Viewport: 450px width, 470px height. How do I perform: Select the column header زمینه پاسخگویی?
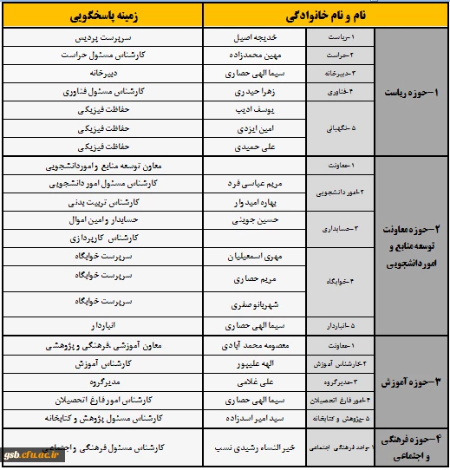click(104, 16)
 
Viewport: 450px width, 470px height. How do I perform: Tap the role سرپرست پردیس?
click(103, 39)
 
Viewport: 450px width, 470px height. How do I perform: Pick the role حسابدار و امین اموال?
click(103, 220)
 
